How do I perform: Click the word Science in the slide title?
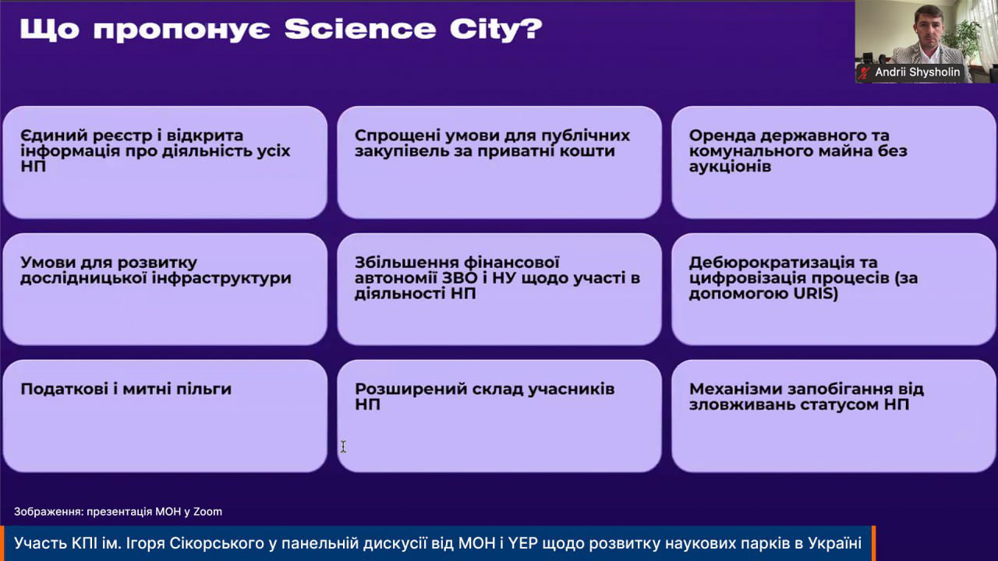[360, 29]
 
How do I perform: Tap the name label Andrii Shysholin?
[918, 72]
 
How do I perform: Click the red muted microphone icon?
[865, 72]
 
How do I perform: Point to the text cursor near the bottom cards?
[343, 446]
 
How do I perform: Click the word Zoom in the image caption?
[207, 512]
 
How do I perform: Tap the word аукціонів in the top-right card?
[730, 167]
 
